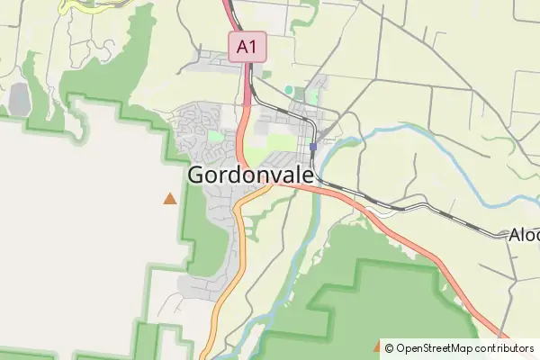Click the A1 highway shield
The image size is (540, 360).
[247, 47]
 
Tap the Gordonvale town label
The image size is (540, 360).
[251, 175]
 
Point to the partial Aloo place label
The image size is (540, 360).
[524, 235]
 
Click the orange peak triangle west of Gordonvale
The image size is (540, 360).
[169, 198]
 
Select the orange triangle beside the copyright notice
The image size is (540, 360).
[376, 346]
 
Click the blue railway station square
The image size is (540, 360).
[312, 147]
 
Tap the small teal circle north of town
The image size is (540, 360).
[289, 90]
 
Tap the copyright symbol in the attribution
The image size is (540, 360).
[388, 348]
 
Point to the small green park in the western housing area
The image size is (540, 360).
[215, 137]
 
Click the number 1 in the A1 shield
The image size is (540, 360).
[254, 47]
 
